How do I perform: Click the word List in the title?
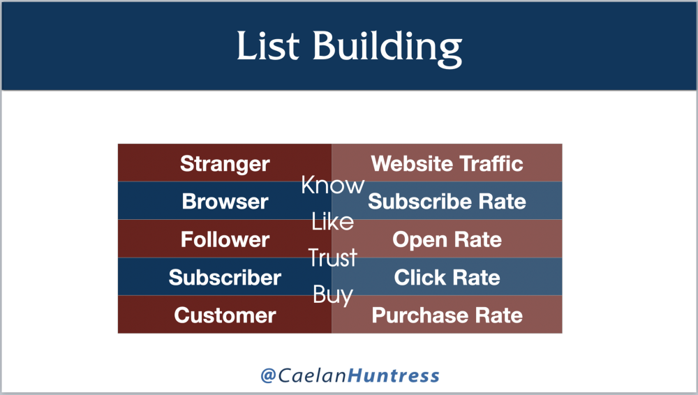[268, 45]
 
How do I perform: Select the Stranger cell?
[225, 163]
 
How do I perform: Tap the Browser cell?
[225, 201]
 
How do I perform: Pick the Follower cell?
[225, 239]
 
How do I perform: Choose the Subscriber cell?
[225, 277]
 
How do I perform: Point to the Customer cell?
[225, 315]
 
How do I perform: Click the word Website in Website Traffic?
[411, 163]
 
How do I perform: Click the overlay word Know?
[332, 185]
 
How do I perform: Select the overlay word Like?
[332, 221]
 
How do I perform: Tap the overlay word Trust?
[332, 258]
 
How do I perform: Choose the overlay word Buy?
[332, 295]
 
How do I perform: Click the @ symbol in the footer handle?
[269, 375]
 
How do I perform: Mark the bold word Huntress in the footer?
[393, 375]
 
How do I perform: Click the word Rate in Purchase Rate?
[498, 315]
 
